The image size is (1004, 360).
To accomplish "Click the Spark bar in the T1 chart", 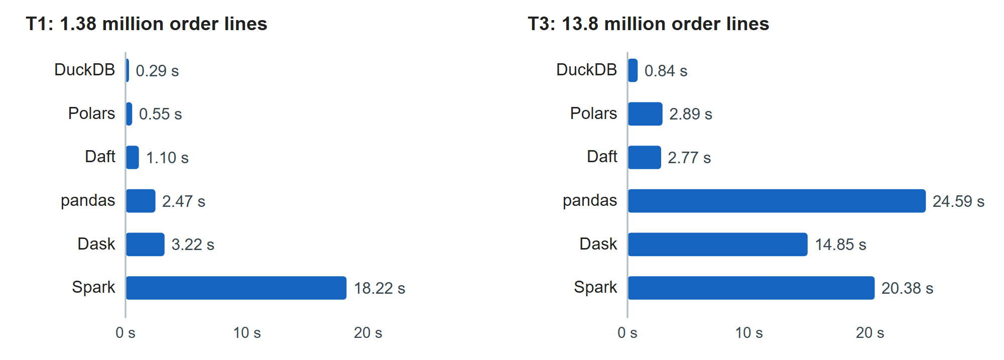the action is tap(236, 288).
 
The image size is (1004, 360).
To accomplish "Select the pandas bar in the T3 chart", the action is tap(777, 201).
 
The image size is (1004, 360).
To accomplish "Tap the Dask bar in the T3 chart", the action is tap(718, 245).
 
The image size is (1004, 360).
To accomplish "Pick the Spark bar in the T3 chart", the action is tap(751, 288).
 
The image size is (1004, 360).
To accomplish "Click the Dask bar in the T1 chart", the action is tap(146, 245).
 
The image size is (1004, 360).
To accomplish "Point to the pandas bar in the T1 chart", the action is tap(141, 201).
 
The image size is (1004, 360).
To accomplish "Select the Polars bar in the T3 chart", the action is tap(646, 114).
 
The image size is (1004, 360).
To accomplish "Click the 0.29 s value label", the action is tap(157, 71).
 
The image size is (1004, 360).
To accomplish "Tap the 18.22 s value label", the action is tap(380, 288).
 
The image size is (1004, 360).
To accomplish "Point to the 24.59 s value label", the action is tap(958, 201).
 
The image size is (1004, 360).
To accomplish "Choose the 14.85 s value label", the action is tap(840, 245).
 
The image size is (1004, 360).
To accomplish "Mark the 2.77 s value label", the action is tap(689, 158).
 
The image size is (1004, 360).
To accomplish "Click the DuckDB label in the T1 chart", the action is tap(85, 70).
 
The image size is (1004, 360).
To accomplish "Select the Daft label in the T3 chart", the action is tap(602, 157).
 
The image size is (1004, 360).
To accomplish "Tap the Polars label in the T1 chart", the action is tap(92, 113).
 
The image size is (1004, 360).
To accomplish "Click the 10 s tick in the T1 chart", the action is tap(247, 333).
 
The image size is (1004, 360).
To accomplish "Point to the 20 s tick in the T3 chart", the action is tap(870, 333).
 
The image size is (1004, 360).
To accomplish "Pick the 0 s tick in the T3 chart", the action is tap(627, 333).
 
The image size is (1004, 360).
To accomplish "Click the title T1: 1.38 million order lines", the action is tap(147, 24).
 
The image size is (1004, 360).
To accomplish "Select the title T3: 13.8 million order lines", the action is tap(649, 24).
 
